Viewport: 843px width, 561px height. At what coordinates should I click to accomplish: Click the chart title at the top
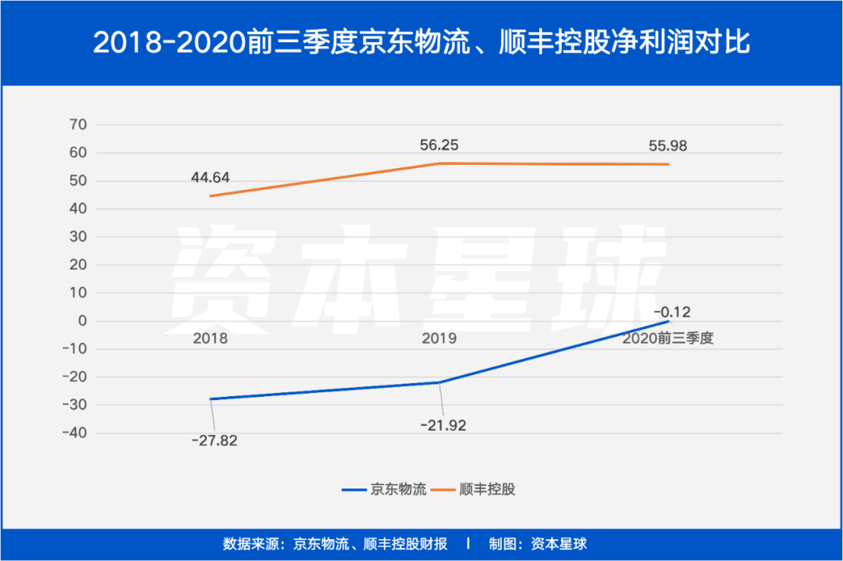coord(421,42)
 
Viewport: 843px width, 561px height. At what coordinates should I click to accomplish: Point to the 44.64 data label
coord(210,177)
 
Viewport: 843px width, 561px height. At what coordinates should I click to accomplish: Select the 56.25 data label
coord(440,145)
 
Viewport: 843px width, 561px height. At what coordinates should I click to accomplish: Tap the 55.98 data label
coord(667,145)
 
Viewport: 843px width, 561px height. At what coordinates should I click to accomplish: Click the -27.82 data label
coord(214,440)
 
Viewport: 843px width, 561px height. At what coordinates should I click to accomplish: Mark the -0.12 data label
coord(673,312)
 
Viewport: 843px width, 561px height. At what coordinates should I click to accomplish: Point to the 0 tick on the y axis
coord(82,321)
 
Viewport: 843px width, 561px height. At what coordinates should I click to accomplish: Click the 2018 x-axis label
coord(209,339)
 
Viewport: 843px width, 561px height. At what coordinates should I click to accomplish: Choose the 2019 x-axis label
coord(439,339)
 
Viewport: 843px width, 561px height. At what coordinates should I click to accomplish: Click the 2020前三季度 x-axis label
coord(668,339)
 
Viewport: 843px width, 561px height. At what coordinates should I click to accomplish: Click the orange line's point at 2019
coord(439,163)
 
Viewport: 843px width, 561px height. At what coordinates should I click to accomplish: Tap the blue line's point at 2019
coord(439,382)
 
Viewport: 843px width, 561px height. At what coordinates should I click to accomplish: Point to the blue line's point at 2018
coord(210,399)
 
